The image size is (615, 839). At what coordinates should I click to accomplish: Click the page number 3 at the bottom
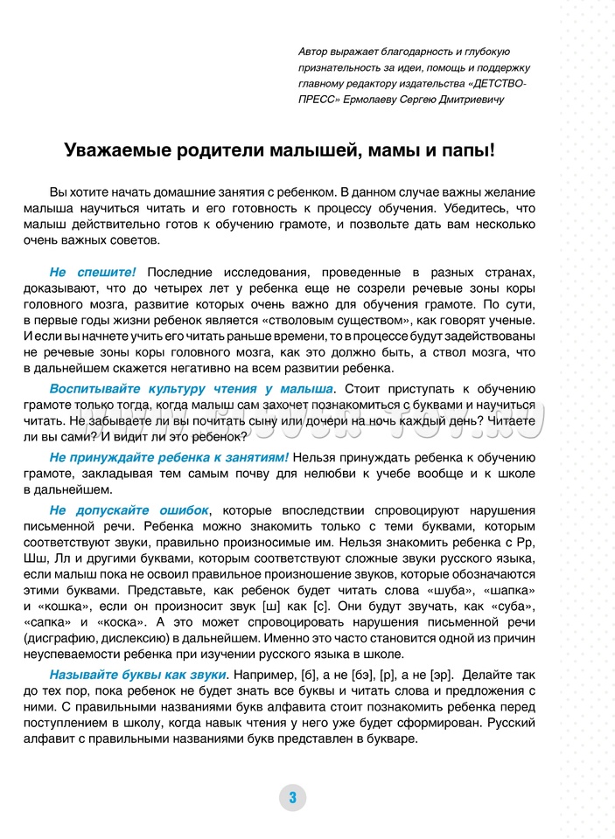293,797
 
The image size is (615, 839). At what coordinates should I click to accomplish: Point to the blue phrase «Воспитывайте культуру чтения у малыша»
191,388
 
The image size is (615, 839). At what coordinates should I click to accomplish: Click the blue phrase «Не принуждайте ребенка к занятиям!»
169,457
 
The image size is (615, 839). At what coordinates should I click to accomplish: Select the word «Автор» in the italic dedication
316,52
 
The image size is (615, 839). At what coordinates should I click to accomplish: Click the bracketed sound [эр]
442,675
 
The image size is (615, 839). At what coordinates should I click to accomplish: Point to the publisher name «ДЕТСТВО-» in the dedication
498,83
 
